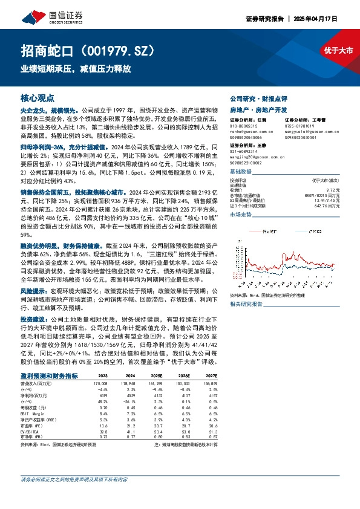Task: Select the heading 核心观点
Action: coord(38,97)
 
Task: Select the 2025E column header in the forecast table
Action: coord(157,375)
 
